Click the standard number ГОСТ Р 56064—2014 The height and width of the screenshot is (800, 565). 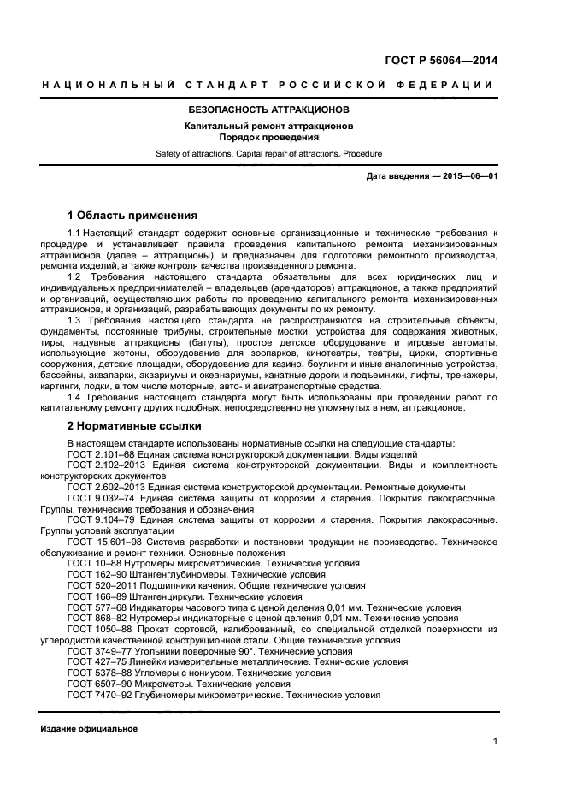click(x=440, y=61)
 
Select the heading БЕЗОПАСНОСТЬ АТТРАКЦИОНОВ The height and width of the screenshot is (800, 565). click(x=268, y=110)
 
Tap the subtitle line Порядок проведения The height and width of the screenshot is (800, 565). click(x=268, y=137)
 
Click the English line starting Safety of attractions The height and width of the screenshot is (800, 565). click(x=268, y=154)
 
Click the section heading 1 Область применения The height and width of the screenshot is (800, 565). click(x=132, y=215)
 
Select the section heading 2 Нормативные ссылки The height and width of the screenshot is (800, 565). click(x=134, y=424)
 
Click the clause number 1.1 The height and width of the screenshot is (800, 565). click(x=74, y=233)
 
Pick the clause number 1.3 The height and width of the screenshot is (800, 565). click(x=74, y=320)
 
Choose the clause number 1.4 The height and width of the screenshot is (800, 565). click(x=74, y=397)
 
